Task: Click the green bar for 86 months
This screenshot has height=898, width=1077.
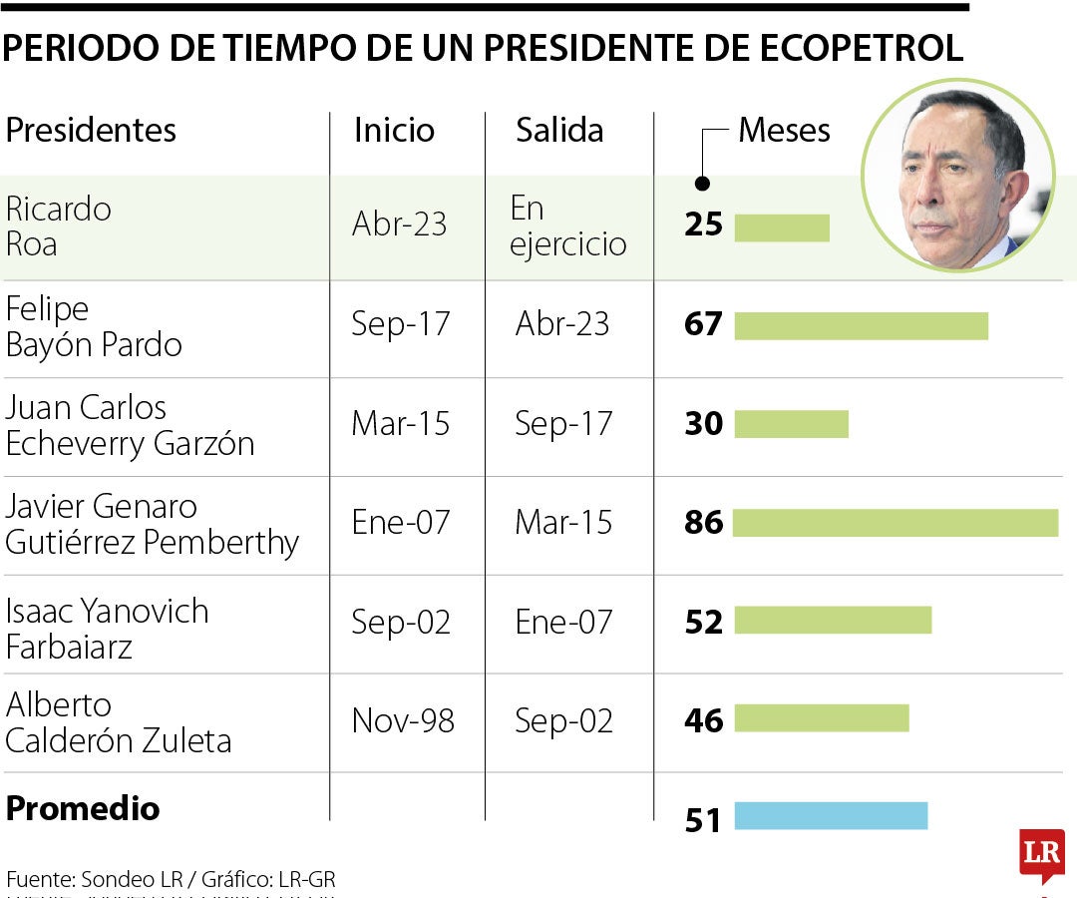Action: click(x=896, y=523)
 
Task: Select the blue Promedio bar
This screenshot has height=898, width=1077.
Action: click(x=831, y=815)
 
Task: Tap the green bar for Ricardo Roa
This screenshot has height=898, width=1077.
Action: click(x=782, y=227)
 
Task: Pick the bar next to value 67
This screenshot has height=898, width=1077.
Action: click(x=861, y=326)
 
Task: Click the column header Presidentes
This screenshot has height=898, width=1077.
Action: click(x=91, y=130)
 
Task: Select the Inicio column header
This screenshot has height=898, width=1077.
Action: click(x=394, y=131)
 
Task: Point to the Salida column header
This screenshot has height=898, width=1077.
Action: click(x=558, y=131)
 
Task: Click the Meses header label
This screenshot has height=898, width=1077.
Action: click(x=784, y=131)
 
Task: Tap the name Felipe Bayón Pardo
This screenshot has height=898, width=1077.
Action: click(x=94, y=327)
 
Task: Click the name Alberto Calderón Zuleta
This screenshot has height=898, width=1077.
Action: click(x=118, y=722)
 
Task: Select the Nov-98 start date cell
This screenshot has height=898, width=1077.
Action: click(x=402, y=720)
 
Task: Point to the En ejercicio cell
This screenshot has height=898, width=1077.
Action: click(x=567, y=226)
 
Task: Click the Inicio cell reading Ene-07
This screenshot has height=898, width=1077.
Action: click(x=401, y=522)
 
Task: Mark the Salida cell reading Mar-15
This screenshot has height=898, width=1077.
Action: click(x=563, y=522)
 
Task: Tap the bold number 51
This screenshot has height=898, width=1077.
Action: click(x=703, y=819)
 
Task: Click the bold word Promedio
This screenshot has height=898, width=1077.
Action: click(x=83, y=808)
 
